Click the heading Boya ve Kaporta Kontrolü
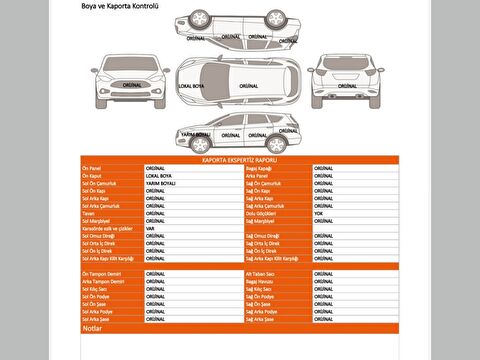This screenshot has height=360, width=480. (x=119, y=6)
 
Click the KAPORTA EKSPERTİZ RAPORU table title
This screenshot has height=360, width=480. (x=239, y=159)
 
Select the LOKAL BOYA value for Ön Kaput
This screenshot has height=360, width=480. (x=160, y=176)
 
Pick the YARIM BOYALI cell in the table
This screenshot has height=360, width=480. (x=161, y=184)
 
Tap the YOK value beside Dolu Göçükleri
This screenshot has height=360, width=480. (x=318, y=213)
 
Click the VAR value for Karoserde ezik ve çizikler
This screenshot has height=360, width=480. (x=150, y=228)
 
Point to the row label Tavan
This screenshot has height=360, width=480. (x=88, y=213)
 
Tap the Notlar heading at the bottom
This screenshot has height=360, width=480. (x=93, y=327)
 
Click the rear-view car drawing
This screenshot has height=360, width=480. (x=345, y=81)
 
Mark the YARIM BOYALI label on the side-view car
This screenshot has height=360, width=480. (x=194, y=132)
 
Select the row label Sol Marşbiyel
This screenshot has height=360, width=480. (x=96, y=221)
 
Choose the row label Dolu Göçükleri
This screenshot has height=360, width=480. (x=262, y=213)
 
